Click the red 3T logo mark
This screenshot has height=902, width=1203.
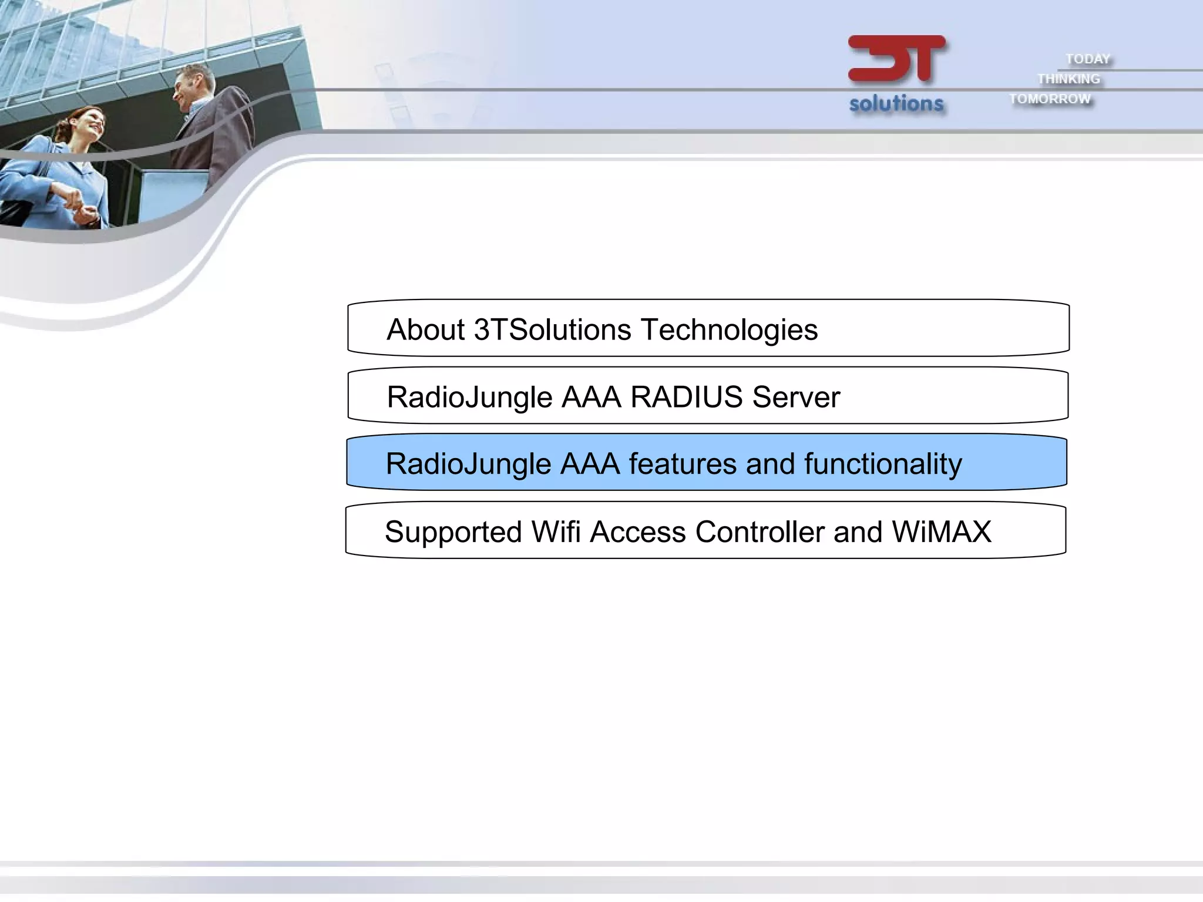pos(896,59)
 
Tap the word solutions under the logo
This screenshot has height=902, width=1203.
pos(896,103)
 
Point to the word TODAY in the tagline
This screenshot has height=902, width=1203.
pos(1088,59)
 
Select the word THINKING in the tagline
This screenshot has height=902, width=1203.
pos(1068,79)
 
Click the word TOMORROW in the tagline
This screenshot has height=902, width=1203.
pos(1050,99)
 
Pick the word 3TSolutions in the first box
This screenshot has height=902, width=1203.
pos(552,329)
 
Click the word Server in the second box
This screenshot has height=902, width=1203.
pos(796,397)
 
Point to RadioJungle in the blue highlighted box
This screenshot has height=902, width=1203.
pos(468,465)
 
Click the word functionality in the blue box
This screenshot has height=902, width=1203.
pos(883,465)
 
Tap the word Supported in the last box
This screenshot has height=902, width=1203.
pos(453,533)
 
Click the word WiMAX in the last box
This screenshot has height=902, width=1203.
pos(942,532)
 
